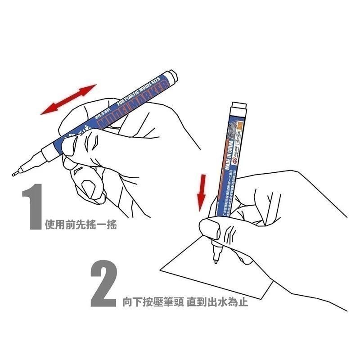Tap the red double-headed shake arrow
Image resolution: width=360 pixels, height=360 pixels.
tap(68, 99)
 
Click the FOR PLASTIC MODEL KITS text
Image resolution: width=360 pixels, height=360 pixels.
tap(135, 90)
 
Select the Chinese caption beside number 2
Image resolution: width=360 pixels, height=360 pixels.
tap(185, 302)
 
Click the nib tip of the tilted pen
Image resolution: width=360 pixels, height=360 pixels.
tap(15, 173)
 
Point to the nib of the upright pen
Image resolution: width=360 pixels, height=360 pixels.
tap(216, 260)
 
